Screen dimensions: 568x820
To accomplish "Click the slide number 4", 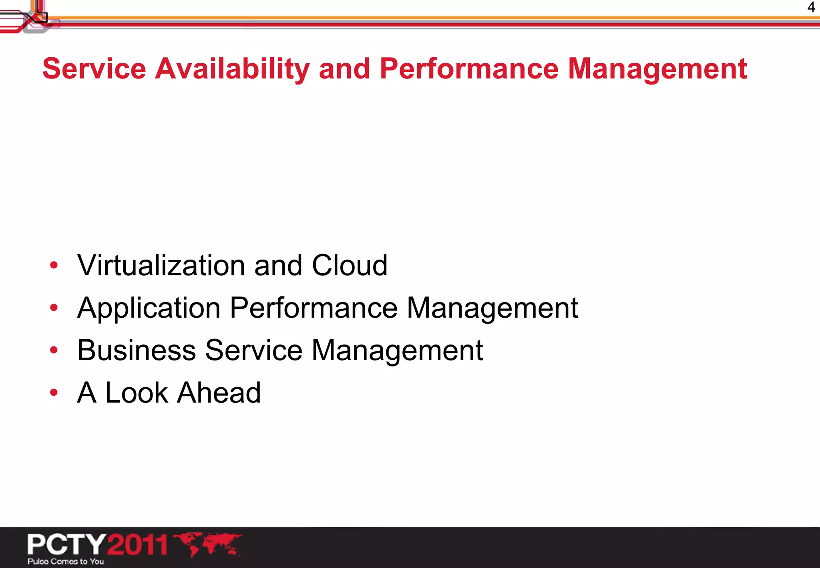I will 811,7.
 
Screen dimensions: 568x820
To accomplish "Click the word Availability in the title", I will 232,69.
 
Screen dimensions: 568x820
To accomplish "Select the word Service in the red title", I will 94,69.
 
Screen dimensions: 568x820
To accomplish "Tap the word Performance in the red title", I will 469,69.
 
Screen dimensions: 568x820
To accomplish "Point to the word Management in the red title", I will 657,69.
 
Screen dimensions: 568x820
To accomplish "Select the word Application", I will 149,308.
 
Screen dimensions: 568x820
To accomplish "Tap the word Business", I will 137,350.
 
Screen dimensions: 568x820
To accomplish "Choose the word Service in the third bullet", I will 254,350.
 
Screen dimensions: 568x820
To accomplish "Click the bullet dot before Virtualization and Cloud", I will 54,265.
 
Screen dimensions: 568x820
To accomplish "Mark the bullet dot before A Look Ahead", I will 54,392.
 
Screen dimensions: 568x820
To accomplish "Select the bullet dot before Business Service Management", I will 54,350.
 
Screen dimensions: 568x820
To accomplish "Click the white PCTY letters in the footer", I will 66,544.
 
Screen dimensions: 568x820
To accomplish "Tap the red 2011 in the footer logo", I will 137,544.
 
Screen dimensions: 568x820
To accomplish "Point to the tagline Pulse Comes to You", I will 66,562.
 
